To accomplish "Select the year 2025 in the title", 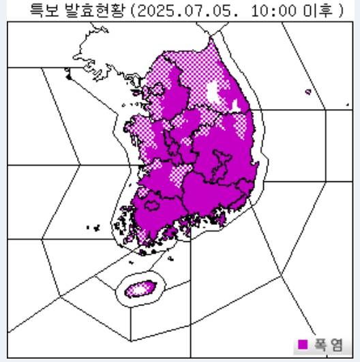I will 155,10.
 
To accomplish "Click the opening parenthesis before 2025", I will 133,10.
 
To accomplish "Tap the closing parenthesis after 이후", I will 339,10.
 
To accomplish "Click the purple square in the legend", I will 303,345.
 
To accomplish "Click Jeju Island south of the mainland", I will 140,288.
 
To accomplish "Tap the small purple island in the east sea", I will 308,91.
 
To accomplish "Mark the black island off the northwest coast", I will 68,76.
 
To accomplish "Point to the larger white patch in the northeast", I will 217,93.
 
